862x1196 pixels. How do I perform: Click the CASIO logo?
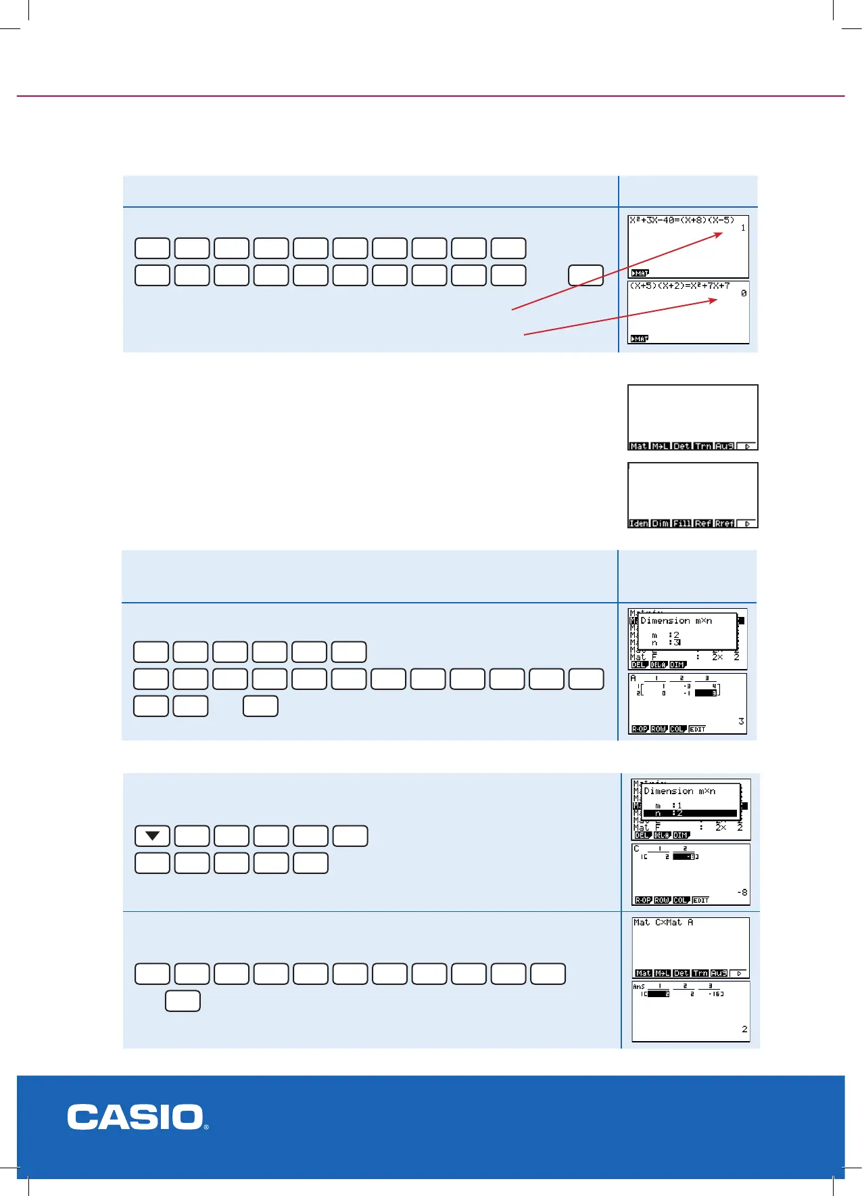click(x=137, y=1117)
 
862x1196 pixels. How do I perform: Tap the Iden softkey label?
click(x=639, y=524)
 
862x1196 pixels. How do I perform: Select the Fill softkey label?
click(x=682, y=524)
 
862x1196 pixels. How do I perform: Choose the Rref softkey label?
click(x=725, y=524)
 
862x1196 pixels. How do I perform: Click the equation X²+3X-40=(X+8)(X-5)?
click(x=681, y=220)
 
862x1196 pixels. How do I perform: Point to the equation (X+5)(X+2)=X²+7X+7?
click(x=679, y=285)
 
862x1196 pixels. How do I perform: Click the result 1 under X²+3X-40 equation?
click(x=743, y=228)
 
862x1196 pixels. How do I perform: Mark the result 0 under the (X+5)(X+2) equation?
click(x=744, y=294)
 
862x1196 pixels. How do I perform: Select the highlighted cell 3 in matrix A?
click(x=706, y=693)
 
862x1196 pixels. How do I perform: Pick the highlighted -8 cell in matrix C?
click(x=686, y=856)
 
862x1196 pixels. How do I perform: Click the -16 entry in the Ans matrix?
click(x=715, y=994)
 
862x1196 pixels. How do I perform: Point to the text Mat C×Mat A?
click(x=663, y=922)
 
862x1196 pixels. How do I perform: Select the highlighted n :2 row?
click(x=690, y=813)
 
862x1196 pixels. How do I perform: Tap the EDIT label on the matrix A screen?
click(x=698, y=729)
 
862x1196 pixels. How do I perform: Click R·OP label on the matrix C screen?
click(x=643, y=900)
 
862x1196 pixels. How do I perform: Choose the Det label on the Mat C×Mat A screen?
click(x=681, y=973)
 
